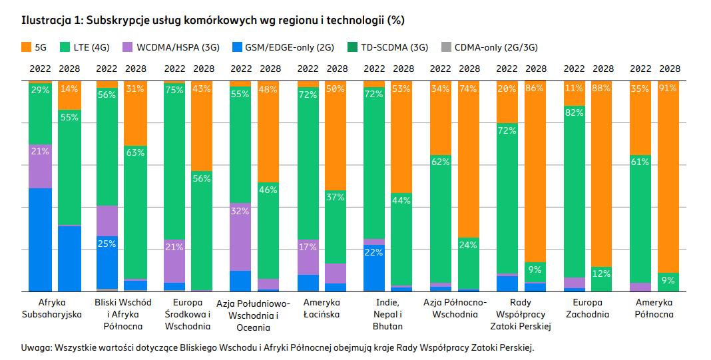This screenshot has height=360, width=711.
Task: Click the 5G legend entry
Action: (35, 47)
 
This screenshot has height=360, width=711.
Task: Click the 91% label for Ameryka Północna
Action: (669, 89)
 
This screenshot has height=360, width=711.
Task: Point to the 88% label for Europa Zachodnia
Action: (602, 89)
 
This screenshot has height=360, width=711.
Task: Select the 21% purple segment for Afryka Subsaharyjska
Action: (40, 151)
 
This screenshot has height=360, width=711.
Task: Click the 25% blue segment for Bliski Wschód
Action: (107, 244)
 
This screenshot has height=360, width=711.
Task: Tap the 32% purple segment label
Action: (240, 212)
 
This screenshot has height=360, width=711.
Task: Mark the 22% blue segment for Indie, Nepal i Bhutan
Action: (373, 252)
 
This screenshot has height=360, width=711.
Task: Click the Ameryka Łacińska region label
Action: (321, 308)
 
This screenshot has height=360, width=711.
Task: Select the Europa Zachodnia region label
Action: (587, 308)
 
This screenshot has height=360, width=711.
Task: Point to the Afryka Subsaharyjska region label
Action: (55, 308)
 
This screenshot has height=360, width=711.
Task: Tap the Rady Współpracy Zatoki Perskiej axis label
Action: (521, 314)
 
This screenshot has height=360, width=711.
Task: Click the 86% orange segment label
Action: (535, 89)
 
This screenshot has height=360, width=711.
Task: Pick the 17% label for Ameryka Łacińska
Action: (307, 247)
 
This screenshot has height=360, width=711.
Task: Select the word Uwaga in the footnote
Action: (36, 347)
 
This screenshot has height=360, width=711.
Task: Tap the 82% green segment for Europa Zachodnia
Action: (574, 113)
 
